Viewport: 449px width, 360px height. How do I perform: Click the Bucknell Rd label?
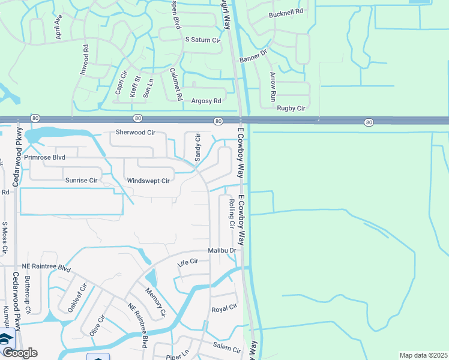tap(287, 12)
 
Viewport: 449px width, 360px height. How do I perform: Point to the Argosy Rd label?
tap(206, 101)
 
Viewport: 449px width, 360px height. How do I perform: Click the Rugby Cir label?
tap(291, 108)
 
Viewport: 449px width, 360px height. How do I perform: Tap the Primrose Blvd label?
tap(44, 157)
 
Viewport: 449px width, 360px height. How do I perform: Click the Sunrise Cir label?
tap(81, 180)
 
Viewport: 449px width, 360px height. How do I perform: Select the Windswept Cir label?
tap(148, 181)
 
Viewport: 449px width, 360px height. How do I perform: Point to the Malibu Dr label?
tap(222, 250)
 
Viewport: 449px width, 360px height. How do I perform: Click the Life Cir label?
tap(188, 263)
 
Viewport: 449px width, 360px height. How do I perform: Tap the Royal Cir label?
tap(224, 309)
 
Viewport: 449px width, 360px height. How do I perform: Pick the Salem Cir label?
tap(227, 349)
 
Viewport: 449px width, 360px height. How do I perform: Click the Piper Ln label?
tap(178, 356)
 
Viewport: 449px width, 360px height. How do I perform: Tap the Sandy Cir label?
tap(197, 148)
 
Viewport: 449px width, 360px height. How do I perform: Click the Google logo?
tap(19, 353)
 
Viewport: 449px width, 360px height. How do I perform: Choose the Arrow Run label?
tap(272, 86)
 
